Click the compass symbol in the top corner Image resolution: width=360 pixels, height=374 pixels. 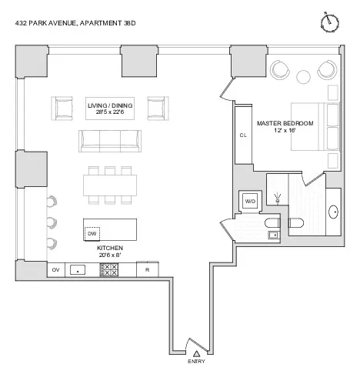(x=332, y=21)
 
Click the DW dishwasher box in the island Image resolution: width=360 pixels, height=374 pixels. (x=92, y=232)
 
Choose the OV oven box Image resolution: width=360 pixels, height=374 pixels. (x=55, y=270)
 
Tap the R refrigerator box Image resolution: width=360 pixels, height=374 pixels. (x=147, y=270)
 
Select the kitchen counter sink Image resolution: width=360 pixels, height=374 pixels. (x=78, y=270)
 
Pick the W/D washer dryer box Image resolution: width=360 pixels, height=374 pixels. (x=250, y=201)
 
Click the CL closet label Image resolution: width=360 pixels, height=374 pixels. (x=243, y=135)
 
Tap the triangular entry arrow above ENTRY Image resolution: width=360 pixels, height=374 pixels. (x=196, y=352)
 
